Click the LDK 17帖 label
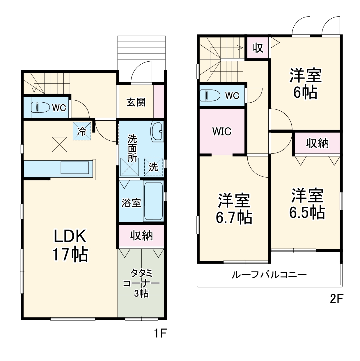pos(70,245)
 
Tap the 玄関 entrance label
pos(136,102)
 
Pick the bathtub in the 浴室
pos(153,201)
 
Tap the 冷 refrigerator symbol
pos(82,131)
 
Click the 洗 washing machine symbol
pos(153,167)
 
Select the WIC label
pos(222,131)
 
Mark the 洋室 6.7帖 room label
pos(234,209)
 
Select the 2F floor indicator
pos(337,299)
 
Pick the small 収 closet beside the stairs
pos(258,48)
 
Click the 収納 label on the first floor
pos(141,235)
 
